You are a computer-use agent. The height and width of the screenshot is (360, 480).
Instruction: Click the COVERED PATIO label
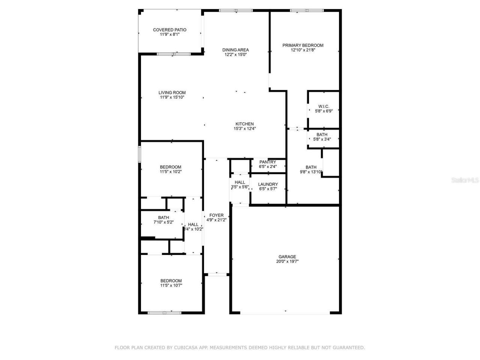click(x=169, y=30)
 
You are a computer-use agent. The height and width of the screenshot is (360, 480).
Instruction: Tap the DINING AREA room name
click(x=235, y=50)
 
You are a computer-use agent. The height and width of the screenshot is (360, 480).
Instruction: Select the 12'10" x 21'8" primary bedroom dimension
click(x=303, y=50)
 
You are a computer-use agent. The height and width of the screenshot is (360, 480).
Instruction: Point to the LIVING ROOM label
click(x=172, y=93)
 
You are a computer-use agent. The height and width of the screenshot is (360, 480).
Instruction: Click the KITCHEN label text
click(x=244, y=124)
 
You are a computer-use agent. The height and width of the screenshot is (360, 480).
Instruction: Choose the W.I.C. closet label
click(x=324, y=106)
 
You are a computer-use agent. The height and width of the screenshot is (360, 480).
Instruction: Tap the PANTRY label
click(x=268, y=162)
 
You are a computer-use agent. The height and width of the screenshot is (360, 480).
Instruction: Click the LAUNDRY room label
click(x=268, y=184)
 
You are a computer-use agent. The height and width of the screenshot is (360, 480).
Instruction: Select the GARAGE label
click(x=287, y=257)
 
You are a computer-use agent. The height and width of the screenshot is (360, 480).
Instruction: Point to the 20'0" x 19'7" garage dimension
click(x=287, y=262)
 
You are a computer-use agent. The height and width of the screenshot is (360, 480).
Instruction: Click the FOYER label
click(x=216, y=215)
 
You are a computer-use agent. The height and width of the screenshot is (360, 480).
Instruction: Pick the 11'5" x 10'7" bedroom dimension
click(x=171, y=285)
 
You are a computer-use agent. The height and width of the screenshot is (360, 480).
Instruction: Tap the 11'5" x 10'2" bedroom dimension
click(x=171, y=172)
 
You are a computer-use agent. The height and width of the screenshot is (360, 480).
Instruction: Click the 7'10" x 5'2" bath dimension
click(x=163, y=222)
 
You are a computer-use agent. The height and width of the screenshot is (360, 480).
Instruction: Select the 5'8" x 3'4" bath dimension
click(x=322, y=139)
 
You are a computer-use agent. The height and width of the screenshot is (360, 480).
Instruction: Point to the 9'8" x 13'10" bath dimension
click(x=311, y=172)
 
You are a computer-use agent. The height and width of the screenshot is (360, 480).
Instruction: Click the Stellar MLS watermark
click(x=465, y=180)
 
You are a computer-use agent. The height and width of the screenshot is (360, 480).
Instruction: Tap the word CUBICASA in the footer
click(x=186, y=348)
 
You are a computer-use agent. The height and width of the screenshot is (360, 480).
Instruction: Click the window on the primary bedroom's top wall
click(x=307, y=10)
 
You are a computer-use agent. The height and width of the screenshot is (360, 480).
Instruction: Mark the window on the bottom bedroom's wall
click(x=164, y=312)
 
